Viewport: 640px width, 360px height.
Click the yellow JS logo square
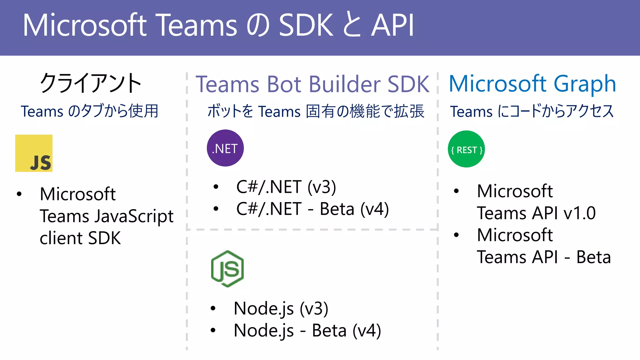click(x=34, y=153)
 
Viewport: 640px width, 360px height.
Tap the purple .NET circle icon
click(x=225, y=148)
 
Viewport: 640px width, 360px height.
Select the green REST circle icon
click(x=466, y=149)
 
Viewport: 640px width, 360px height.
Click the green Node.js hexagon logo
click(x=227, y=269)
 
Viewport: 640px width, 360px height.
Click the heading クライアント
click(x=91, y=83)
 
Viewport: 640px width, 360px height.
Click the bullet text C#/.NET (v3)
click(x=286, y=187)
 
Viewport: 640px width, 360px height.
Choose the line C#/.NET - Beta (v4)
click(x=312, y=209)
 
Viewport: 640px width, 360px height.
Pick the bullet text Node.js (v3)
click(x=281, y=308)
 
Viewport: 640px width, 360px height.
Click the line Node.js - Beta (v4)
click(x=307, y=330)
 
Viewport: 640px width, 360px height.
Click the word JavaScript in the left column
click(x=134, y=216)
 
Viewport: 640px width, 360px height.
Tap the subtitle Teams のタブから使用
click(x=90, y=111)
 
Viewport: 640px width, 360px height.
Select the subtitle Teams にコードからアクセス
click(x=532, y=111)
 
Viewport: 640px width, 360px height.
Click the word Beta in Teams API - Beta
click(x=593, y=257)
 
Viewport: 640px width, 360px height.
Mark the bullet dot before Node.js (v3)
click(x=213, y=308)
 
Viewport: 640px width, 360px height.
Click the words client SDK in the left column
click(x=80, y=238)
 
